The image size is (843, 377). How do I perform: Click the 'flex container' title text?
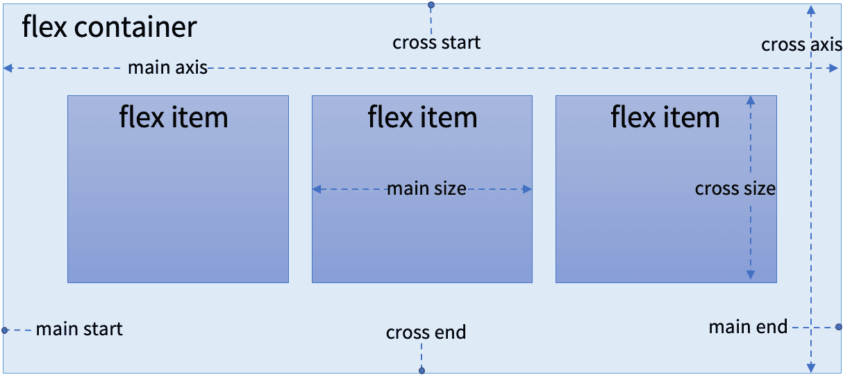(109, 28)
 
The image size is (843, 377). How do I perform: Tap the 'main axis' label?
(167, 67)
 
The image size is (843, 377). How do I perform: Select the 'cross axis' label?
(801, 45)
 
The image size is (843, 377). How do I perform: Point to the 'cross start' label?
(436, 42)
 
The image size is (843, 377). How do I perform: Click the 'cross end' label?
(426, 332)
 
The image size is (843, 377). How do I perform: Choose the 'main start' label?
(79, 329)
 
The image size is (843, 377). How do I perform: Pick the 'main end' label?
(748, 326)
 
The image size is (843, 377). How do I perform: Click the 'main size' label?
(426, 188)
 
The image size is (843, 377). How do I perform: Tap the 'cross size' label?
(735, 188)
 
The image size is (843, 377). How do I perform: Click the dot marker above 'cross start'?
(431, 5)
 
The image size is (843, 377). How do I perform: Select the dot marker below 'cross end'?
(421, 371)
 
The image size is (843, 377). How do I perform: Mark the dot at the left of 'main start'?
(4, 330)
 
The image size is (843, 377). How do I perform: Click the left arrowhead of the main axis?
(8, 68)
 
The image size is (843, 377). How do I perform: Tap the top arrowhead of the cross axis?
(811, 9)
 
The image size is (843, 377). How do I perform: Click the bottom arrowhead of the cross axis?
(811, 368)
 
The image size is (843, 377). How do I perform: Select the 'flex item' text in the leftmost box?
(174, 117)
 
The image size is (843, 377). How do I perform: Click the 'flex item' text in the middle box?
(422, 117)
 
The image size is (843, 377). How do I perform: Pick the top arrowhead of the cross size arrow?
(751, 100)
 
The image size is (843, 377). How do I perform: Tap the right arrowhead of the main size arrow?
(527, 189)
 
